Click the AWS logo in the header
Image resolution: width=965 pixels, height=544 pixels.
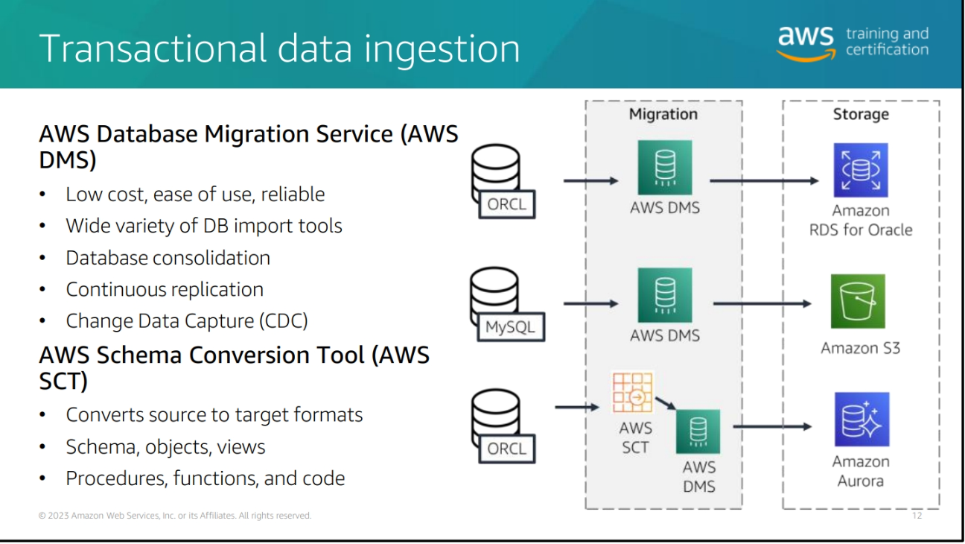[805, 43]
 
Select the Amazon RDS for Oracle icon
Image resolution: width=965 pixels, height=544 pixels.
[861, 170]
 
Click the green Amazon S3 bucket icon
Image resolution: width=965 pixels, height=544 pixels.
[859, 301]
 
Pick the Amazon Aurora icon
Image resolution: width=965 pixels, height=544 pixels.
[861, 419]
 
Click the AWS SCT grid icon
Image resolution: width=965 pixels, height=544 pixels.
[632, 392]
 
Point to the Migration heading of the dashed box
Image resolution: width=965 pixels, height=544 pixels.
[663, 114]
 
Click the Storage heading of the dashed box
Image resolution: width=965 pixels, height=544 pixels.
[860, 114]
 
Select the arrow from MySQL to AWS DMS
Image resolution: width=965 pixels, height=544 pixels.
[591, 303]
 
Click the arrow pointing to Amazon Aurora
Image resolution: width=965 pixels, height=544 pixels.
[771, 426]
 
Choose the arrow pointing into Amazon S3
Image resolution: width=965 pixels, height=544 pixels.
[762, 303]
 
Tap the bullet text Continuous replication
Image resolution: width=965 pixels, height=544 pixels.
[165, 289]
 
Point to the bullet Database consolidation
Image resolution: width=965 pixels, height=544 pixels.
[168, 258]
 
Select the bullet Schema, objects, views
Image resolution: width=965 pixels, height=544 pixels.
[165, 446]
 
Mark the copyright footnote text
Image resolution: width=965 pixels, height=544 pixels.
[175, 516]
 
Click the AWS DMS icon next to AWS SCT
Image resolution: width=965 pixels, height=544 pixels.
[698, 431]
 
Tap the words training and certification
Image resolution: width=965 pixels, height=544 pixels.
[887, 42]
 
